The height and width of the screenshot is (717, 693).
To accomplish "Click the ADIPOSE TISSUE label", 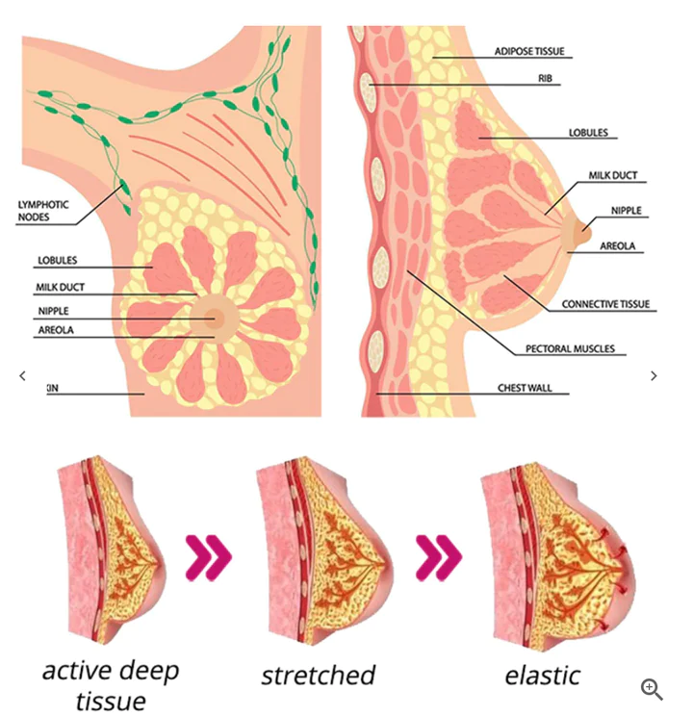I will click(x=529, y=50).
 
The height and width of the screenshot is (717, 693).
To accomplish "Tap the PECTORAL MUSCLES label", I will click(x=570, y=348).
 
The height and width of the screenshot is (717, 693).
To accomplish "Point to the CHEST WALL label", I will click(x=531, y=389).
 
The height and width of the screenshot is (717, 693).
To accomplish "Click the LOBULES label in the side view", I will click(x=588, y=133).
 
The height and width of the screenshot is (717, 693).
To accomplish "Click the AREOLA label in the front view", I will click(x=55, y=330).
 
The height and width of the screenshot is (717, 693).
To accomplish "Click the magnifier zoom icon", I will click(x=652, y=688).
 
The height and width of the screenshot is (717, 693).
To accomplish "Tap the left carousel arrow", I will click(x=22, y=376).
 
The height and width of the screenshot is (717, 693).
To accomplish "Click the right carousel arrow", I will click(x=654, y=376).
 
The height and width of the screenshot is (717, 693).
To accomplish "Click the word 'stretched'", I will click(x=318, y=675).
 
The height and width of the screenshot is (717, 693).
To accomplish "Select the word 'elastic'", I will click(x=542, y=675).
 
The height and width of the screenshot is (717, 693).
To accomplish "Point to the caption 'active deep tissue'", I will click(x=111, y=684).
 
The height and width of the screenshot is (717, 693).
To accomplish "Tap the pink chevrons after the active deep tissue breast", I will click(x=209, y=557).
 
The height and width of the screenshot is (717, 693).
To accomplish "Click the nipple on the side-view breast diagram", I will click(x=584, y=231).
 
